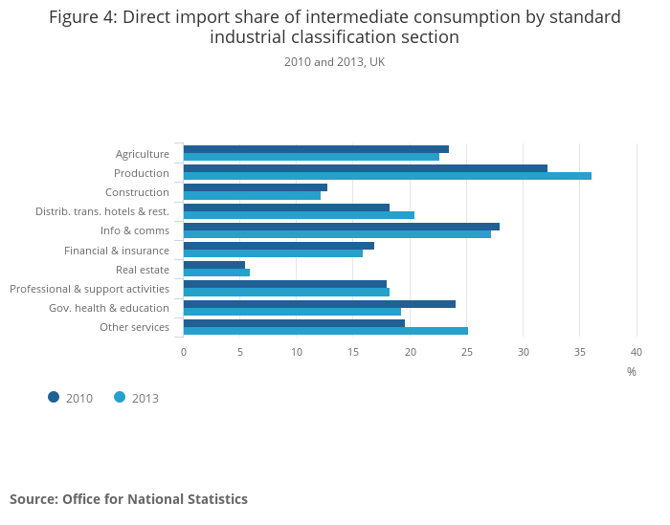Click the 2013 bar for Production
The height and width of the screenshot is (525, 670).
point(387,176)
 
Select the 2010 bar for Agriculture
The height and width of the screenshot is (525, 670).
point(316,149)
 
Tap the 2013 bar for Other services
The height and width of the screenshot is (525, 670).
point(325,331)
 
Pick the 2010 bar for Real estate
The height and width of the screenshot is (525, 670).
point(214,265)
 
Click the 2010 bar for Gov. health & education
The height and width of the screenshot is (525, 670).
point(319,304)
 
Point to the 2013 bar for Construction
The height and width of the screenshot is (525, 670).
point(252,196)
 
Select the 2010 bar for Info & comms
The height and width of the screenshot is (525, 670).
point(341,227)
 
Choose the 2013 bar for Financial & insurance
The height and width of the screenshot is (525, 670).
point(273,253)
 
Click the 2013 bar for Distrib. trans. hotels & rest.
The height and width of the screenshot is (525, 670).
point(299,215)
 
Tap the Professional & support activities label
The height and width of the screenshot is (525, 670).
point(90,289)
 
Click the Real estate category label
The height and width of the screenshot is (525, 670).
point(143,270)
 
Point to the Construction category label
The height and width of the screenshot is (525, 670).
point(137,192)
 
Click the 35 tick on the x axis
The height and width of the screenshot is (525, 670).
point(580,352)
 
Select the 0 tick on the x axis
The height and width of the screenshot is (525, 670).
point(184,352)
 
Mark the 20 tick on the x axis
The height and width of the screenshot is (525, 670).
point(411,352)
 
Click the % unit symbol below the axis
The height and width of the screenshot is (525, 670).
point(632,371)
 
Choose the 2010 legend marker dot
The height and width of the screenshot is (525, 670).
point(54,397)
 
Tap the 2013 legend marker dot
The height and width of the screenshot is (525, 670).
point(120,397)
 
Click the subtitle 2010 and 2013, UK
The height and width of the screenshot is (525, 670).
point(334,62)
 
